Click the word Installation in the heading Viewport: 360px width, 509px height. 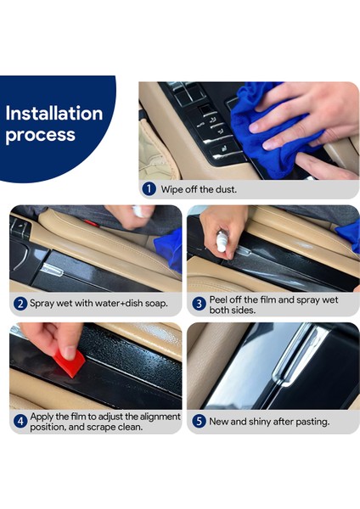coord(54,114)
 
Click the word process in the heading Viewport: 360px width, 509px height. coord(40,135)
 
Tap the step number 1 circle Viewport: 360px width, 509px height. coord(149,189)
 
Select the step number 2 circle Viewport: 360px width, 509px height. coord(20,304)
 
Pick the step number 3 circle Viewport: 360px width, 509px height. coord(199,304)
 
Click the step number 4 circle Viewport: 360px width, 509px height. coord(20,422)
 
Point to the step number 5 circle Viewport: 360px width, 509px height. coord(199,422)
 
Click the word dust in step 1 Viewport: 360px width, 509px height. coord(226,189)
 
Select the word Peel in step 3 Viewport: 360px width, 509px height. coord(218,299)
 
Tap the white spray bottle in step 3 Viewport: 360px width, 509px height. coord(222,241)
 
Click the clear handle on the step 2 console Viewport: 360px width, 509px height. coord(53,270)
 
